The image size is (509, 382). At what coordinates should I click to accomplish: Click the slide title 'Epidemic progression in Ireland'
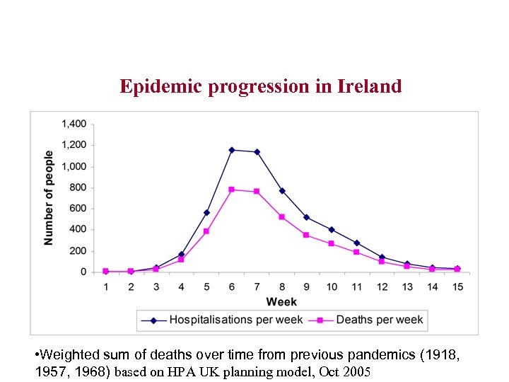click(260, 87)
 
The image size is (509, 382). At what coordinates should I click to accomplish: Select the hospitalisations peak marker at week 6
click(232, 150)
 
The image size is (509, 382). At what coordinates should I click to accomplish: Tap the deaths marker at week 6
click(232, 190)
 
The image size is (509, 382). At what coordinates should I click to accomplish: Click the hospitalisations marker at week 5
click(206, 212)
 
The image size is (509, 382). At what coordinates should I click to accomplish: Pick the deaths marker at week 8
click(282, 217)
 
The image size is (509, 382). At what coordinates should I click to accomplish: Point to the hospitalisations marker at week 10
click(332, 230)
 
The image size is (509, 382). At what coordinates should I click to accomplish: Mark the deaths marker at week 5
click(206, 231)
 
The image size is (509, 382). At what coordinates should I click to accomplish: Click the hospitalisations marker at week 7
click(257, 152)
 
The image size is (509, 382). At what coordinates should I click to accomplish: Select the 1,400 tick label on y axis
click(74, 124)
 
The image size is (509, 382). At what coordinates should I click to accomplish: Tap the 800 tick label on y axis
click(78, 187)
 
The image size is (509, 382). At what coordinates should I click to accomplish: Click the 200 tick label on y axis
click(78, 251)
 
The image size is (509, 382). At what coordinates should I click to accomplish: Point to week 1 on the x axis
click(106, 286)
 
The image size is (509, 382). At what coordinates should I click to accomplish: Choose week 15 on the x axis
click(457, 286)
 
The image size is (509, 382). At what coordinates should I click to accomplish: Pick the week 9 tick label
click(307, 286)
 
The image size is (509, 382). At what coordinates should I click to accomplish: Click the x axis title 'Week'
click(281, 303)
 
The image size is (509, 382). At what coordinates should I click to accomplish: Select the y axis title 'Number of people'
click(49, 198)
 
